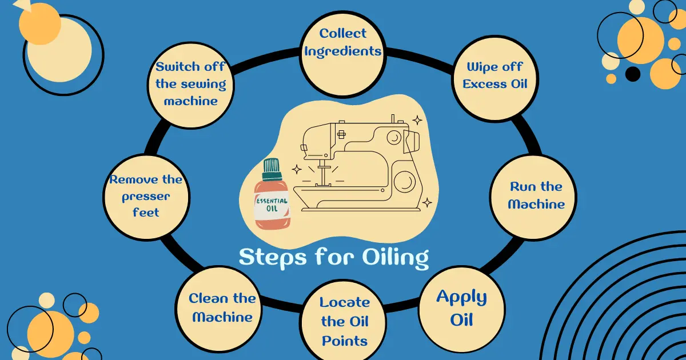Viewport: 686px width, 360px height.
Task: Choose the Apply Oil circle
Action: click(461, 309)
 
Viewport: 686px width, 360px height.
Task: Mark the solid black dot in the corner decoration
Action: click(632, 74)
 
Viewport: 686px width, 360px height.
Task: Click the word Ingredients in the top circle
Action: click(342, 51)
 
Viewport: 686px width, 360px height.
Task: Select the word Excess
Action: click(485, 84)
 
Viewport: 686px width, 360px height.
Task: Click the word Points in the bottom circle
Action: click(344, 341)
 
